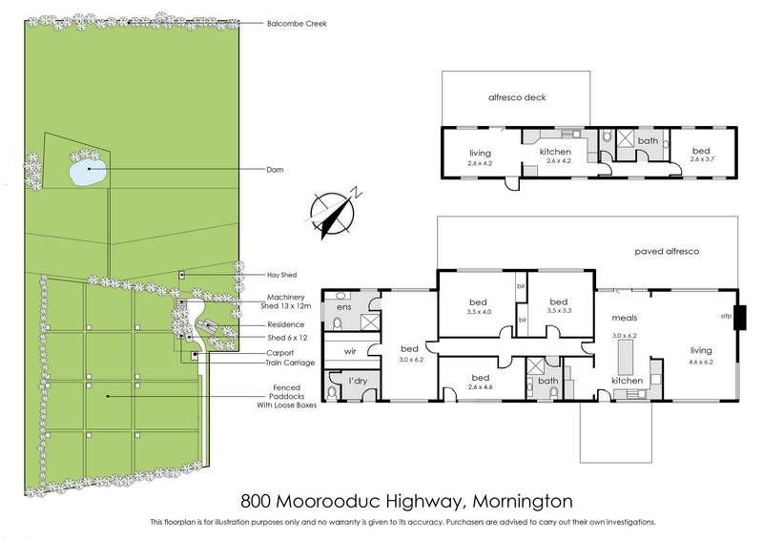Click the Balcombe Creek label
pyautogui.click(x=298, y=24)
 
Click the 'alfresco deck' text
pyautogui.click(x=517, y=97)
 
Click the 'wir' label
pyautogui.click(x=349, y=351)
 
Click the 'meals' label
pyautogui.click(x=625, y=318)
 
